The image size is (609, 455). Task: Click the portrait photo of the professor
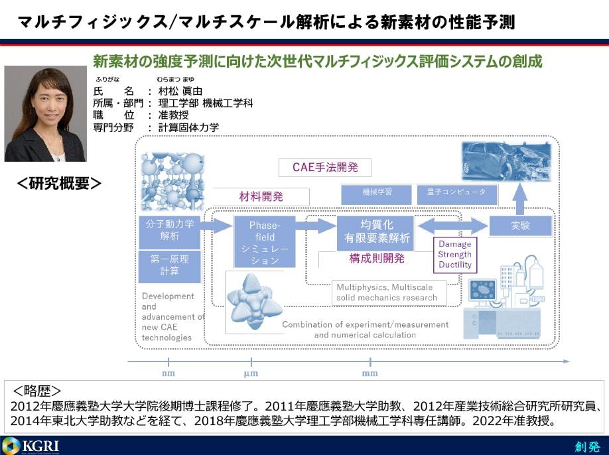click(46, 113)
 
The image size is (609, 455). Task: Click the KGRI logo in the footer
click(31, 445)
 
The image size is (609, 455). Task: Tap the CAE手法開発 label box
click(325, 167)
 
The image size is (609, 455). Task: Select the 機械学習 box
click(377, 194)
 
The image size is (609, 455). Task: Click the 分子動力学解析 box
click(170, 230)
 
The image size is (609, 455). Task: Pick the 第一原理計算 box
click(170, 265)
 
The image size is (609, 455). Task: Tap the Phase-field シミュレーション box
click(265, 243)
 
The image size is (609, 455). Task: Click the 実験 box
click(521, 226)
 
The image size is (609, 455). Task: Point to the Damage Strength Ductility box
click(455, 255)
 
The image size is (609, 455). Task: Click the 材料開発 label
click(261, 196)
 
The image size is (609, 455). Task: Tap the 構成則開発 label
click(377, 259)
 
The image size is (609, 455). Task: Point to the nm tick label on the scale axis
click(169, 373)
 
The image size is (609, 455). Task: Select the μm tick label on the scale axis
click(251, 373)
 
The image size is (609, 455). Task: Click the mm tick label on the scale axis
click(370, 373)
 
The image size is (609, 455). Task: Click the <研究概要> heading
click(59, 183)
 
